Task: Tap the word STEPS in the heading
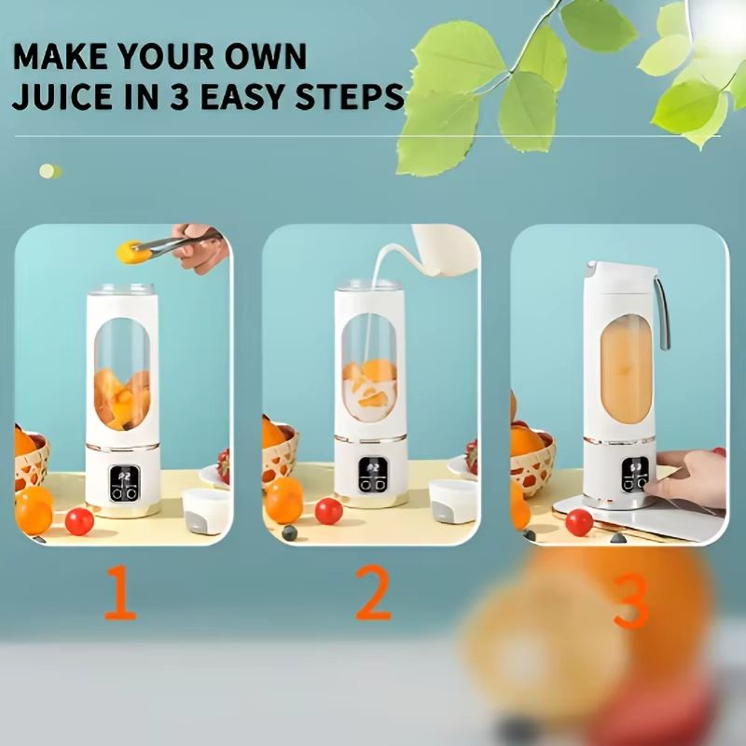coord(350,96)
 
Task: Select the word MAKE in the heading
coord(60,57)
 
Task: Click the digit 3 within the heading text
coord(180,96)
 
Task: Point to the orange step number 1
coord(120,592)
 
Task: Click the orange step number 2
coord(373,592)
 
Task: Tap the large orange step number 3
coord(631,601)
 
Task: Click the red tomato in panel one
coord(79,521)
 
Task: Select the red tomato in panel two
coord(329,511)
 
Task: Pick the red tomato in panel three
coord(579,522)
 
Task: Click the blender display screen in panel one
coord(125,483)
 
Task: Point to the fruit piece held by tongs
coord(132,252)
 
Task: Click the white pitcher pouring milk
coord(442,250)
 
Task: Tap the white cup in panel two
coord(454,501)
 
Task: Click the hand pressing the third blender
coord(688,478)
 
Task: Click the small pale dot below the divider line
coord(49,172)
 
